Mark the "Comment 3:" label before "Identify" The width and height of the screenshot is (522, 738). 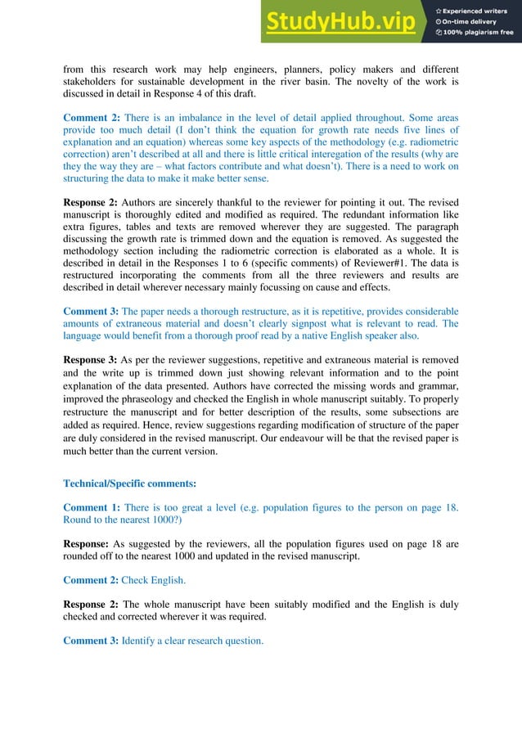(90, 641)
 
